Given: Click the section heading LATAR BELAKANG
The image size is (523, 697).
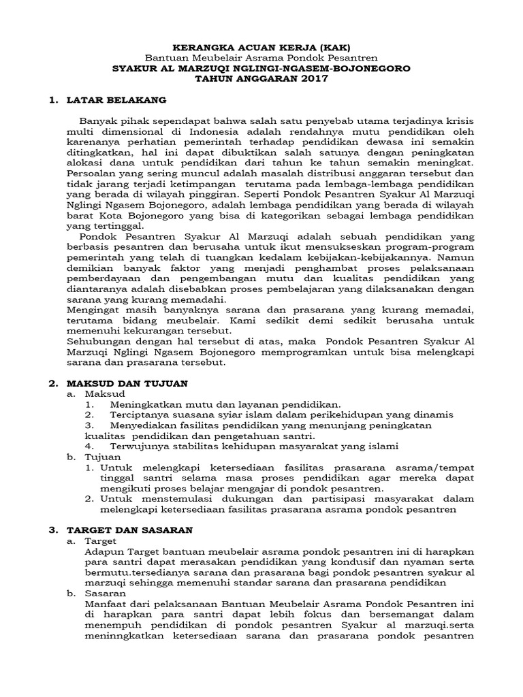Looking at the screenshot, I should click(x=116, y=100).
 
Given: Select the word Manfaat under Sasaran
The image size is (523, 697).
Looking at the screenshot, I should click(x=102, y=603).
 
